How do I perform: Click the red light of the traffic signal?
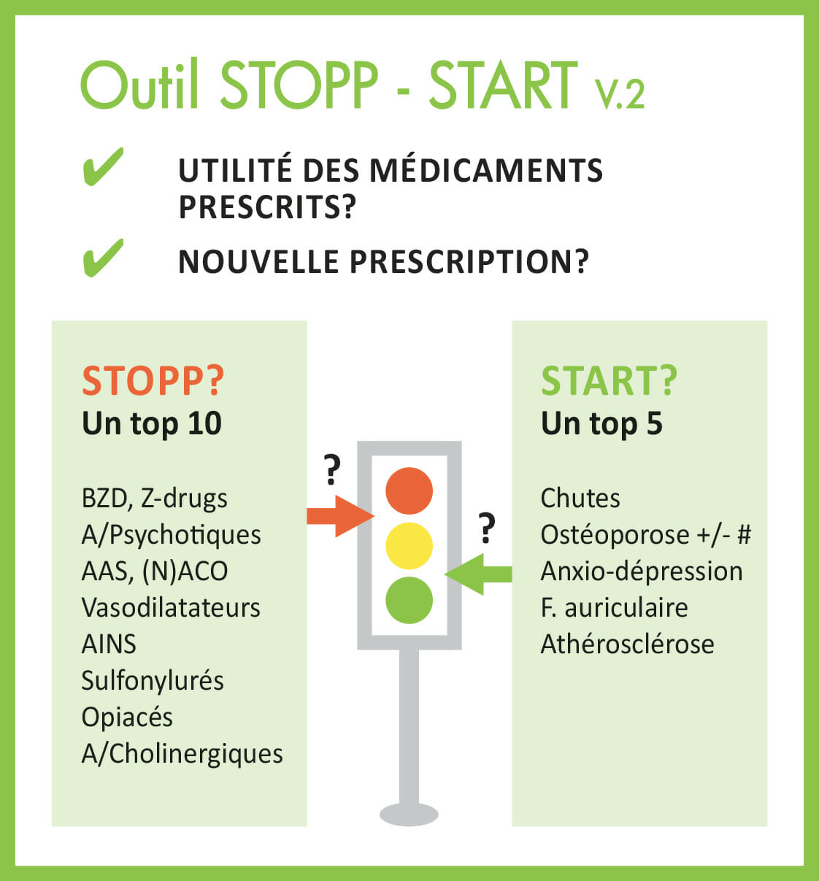click(409, 490)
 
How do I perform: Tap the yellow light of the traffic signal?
click(409, 546)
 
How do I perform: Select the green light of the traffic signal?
click(409, 600)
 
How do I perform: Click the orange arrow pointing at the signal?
click(340, 516)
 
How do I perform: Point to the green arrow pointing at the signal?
click(478, 574)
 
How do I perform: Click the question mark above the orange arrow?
click(332, 470)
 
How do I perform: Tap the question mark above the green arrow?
click(487, 528)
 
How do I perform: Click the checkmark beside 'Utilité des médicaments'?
click(103, 166)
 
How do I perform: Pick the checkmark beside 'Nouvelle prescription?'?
click(103, 258)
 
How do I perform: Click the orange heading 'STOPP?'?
click(153, 381)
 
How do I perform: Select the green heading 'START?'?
click(609, 381)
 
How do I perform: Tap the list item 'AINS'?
click(109, 644)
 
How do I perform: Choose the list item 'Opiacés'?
click(127, 718)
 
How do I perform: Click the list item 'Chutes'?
click(580, 499)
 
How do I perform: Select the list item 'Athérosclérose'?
click(627, 644)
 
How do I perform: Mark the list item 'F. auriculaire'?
click(615, 607)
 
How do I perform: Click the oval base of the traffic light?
click(409, 815)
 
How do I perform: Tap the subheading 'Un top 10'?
click(152, 424)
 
